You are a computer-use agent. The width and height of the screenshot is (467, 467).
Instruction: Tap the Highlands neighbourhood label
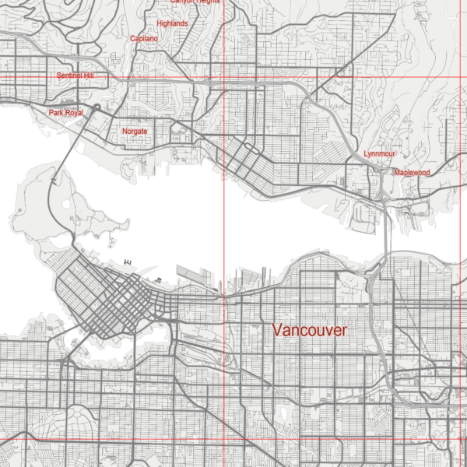pos(172,24)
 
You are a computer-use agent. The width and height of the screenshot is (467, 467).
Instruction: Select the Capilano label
pos(144,38)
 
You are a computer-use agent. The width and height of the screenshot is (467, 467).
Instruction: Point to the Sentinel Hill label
pos(75,76)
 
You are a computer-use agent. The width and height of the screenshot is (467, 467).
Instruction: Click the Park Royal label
pos(66,113)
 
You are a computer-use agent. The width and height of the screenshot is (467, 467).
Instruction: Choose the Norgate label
pos(135,132)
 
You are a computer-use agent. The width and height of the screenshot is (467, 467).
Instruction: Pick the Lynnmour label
pos(380,155)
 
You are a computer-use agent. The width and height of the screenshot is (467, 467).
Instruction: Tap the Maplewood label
pos(412,172)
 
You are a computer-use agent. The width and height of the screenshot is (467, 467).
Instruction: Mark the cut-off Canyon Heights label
pos(195,2)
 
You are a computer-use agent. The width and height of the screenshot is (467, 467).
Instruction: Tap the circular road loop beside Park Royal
pos(97,107)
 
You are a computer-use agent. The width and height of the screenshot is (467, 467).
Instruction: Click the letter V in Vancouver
pos(278,330)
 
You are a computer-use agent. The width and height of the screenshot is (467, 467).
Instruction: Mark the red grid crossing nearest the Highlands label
pos(224,77)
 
